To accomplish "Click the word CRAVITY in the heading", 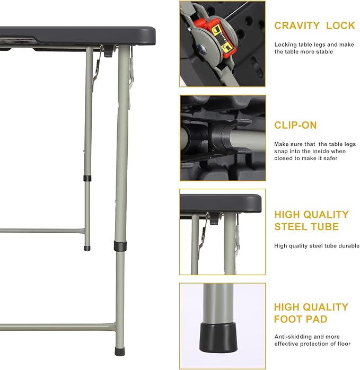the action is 297,26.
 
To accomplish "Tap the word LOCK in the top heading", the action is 340,26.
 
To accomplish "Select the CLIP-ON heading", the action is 295,125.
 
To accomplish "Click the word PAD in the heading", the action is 318,319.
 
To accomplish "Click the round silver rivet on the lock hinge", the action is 203,49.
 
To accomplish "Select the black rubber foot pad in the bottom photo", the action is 218,338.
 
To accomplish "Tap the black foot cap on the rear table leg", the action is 87,248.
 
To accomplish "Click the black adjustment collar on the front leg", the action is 120,246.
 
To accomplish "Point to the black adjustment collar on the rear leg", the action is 87,179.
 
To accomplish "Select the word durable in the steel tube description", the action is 349,246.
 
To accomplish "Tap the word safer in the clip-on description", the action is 330,158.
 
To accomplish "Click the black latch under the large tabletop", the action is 108,51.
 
